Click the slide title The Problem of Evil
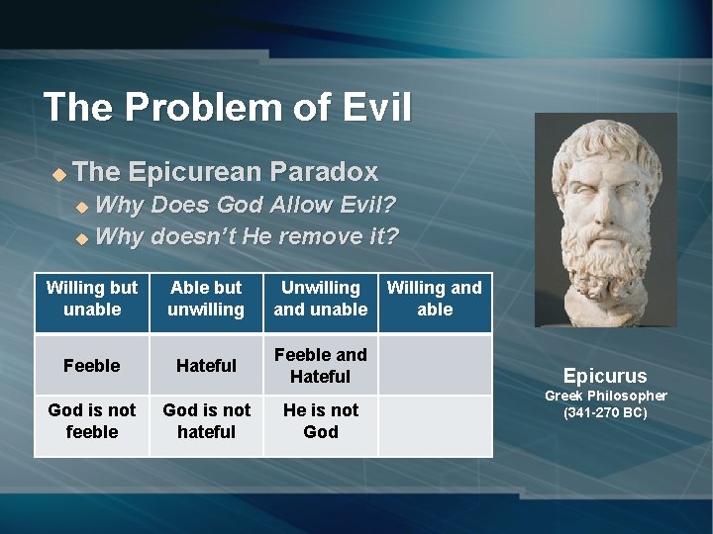(227, 107)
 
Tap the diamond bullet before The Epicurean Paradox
(58, 174)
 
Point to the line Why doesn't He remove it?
(247, 236)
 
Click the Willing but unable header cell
(92, 299)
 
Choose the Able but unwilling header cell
(206, 299)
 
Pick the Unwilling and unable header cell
(320, 299)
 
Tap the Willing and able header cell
(435, 299)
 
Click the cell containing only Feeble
(92, 366)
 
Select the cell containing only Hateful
(206, 366)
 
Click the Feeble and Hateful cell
(320, 366)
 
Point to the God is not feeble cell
(92, 421)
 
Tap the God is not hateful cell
(206, 421)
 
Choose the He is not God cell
(320, 421)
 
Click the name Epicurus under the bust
(605, 376)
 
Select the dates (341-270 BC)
(605, 412)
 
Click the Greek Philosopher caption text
(605, 396)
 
